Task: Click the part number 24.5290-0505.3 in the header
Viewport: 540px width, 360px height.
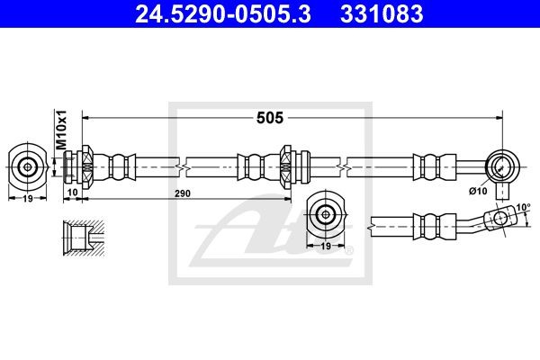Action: click(223, 14)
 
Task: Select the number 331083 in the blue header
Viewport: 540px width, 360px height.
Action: click(382, 14)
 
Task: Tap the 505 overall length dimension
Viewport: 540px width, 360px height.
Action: click(270, 118)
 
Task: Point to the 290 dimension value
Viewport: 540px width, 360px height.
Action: click(182, 193)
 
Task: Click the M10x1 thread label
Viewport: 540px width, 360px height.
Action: click(61, 130)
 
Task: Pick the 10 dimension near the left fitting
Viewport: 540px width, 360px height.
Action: click(72, 193)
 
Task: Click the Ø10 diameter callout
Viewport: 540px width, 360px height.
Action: click(478, 191)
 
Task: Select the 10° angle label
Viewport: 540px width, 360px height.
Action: click(523, 207)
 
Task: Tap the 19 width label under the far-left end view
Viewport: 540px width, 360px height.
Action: click(28, 198)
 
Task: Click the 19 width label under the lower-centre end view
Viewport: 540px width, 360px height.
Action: click(326, 246)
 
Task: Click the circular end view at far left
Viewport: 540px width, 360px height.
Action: click(27, 167)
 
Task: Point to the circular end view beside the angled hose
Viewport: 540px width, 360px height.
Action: click(326, 214)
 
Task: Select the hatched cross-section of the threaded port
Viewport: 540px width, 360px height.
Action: click(84, 238)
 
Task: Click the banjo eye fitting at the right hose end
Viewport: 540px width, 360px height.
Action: click(502, 167)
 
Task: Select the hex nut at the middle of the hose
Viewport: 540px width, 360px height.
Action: click(286, 167)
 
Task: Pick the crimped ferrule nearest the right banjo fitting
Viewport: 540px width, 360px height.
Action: click(435, 167)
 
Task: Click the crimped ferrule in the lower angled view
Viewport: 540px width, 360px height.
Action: click(435, 227)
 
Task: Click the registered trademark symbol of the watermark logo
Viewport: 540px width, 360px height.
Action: click(349, 250)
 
